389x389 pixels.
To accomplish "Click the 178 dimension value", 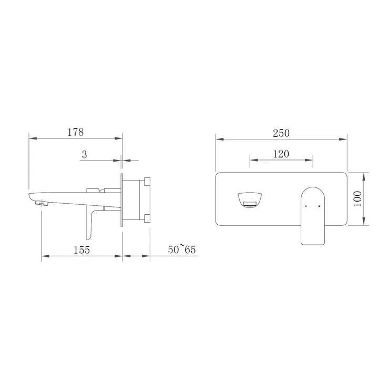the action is [x=76, y=132].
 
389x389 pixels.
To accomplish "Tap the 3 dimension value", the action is [x=85, y=155].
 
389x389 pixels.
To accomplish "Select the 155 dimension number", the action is [x=81, y=250].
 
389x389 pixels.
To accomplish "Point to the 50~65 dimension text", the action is [x=182, y=249].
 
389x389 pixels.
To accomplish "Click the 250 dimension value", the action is [x=281, y=133].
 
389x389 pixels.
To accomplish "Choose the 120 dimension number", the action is [x=281, y=154].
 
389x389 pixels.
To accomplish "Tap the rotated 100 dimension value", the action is [x=357, y=199].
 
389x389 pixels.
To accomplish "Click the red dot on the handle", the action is [x=305, y=206].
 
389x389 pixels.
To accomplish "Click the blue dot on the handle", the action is [x=319, y=206].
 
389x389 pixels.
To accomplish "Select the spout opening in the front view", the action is [x=250, y=200].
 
